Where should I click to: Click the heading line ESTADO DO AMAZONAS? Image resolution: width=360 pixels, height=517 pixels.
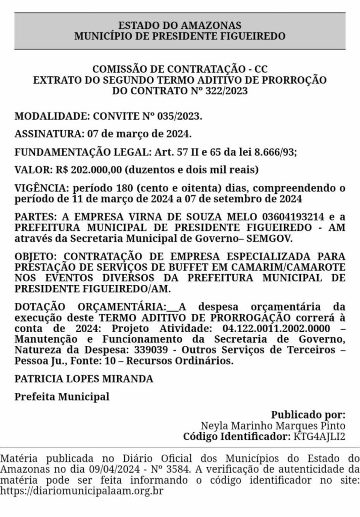[x=180, y=25]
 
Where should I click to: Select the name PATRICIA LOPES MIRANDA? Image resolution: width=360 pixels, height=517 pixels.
[x=84, y=379]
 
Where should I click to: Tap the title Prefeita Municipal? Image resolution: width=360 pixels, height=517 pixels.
[x=62, y=396]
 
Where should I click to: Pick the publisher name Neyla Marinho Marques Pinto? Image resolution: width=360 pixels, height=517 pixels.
[x=273, y=426]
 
